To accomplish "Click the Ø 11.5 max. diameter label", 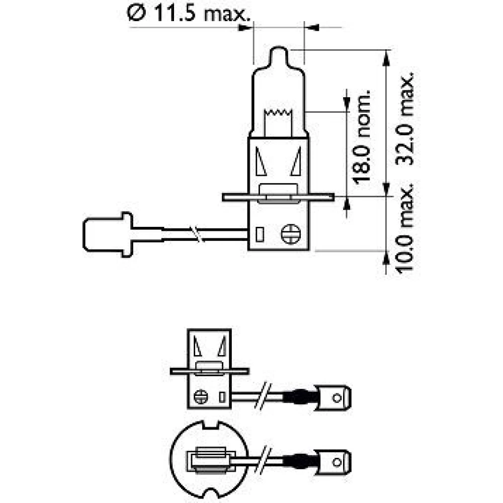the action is (x=188, y=14).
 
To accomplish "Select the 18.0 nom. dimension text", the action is (x=362, y=137).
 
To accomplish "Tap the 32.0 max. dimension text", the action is (x=404, y=119).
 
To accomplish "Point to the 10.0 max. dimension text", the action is (x=404, y=229).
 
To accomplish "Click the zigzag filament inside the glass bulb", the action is (x=278, y=113).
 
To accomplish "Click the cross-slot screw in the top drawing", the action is (x=291, y=234).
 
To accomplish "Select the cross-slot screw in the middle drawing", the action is (x=201, y=397).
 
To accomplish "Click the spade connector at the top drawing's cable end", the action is (x=108, y=234).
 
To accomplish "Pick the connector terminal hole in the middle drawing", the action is (x=337, y=398).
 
